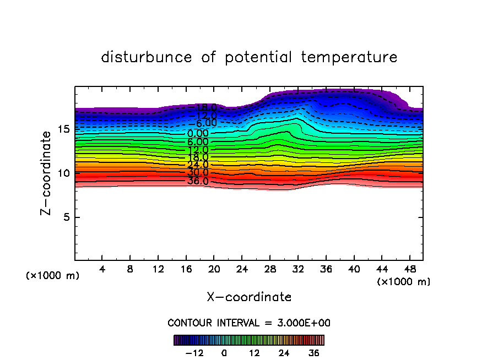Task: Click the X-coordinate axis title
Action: tap(249, 297)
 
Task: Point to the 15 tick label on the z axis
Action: tap(63, 129)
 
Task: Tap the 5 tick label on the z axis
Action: tap(66, 217)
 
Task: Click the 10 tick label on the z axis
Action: tap(63, 173)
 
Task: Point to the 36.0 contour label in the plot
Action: tap(198, 181)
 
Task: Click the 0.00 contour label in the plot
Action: tap(198, 133)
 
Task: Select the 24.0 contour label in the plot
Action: tap(198, 165)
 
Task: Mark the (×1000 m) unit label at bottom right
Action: tap(404, 282)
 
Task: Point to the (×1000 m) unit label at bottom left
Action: tap(53, 276)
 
